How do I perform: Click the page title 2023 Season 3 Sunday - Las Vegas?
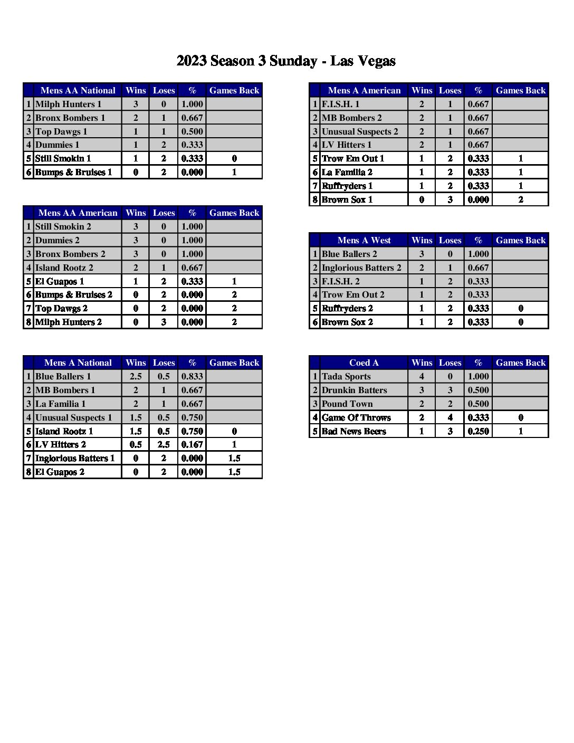point(286,61)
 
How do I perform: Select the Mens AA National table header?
point(78,90)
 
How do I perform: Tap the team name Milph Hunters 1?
point(68,104)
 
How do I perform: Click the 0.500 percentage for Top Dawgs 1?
point(192,131)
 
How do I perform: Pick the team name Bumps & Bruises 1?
point(73,172)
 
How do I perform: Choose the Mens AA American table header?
point(78,213)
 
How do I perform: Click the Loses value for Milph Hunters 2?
point(164,322)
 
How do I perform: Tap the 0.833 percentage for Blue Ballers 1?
point(192,376)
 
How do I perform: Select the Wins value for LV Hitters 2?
point(136,444)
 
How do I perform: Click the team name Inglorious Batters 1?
point(74,458)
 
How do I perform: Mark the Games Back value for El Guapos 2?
point(234,472)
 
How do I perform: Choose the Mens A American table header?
point(364,90)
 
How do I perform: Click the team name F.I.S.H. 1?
point(340,104)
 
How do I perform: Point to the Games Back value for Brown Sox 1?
point(521,199)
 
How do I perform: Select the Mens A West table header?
point(364,240)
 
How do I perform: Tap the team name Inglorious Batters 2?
point(361,268)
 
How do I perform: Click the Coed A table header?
point(364,363)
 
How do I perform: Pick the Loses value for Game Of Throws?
point(450,417)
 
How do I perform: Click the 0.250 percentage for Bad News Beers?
point(478,431)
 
